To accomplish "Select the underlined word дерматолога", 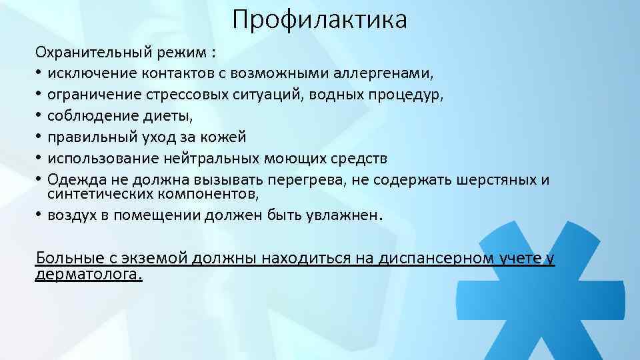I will [88, 274].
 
